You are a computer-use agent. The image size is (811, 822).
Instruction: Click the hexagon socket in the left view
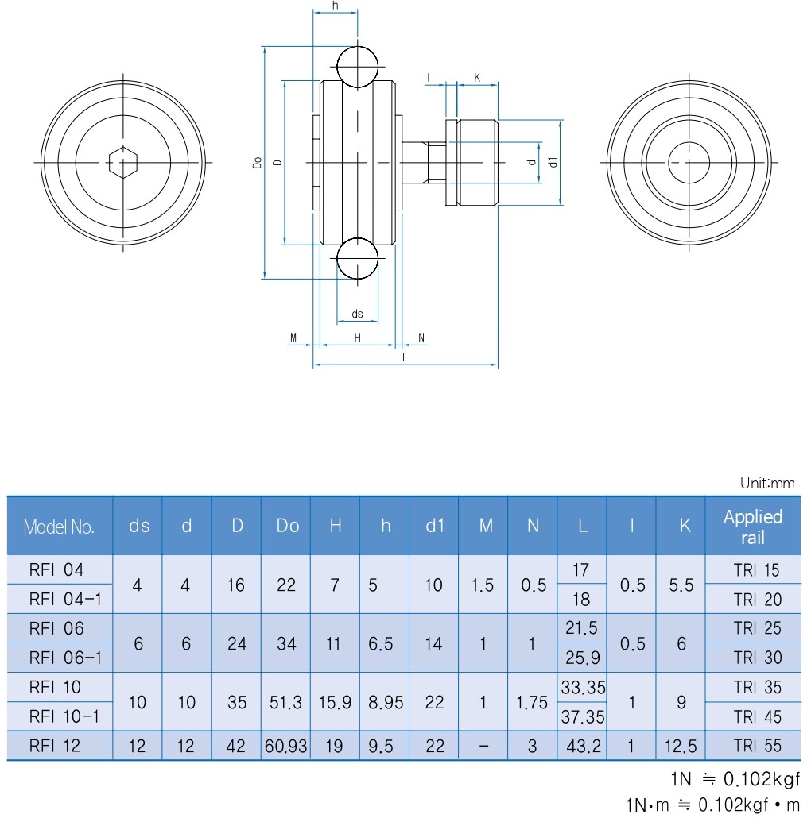coord(122,163)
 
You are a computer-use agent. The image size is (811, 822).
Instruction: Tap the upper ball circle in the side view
coord(358,67)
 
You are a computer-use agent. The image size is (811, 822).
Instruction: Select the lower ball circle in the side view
coord(358,258)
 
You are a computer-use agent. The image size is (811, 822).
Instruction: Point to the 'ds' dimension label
coord(358,314)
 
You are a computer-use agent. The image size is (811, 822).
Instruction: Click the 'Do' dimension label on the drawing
coord(257,163)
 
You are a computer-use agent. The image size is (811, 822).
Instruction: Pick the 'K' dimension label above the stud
coord(477,78)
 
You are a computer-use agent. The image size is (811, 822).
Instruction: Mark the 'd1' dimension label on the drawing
coord(553,162)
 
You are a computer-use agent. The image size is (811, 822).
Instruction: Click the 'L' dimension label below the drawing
coord(405,358)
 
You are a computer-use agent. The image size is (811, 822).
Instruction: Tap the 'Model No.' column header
coord(59,527)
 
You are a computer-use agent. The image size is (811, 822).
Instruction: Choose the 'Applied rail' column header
coord(753,527)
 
